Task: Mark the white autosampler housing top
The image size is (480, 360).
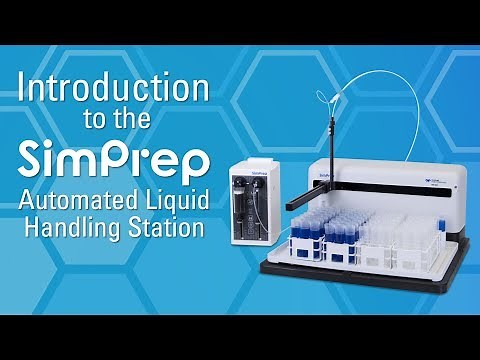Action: coord(400,160)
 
